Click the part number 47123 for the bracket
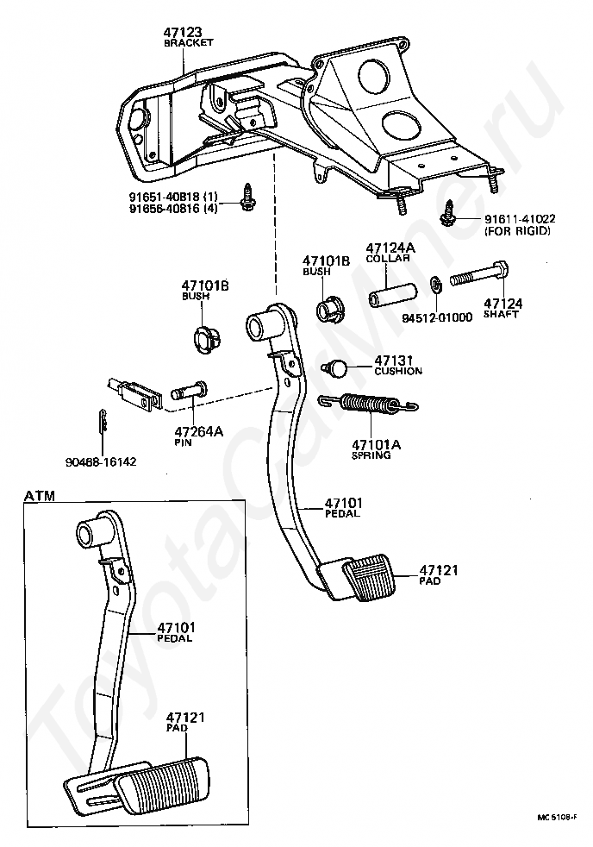183,32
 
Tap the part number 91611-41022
520,219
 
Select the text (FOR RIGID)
517,231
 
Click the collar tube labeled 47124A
394,295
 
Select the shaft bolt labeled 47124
479,274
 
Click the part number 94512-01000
438,317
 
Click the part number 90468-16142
101,461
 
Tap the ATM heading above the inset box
40,495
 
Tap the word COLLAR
388,258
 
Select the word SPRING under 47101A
371,455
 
